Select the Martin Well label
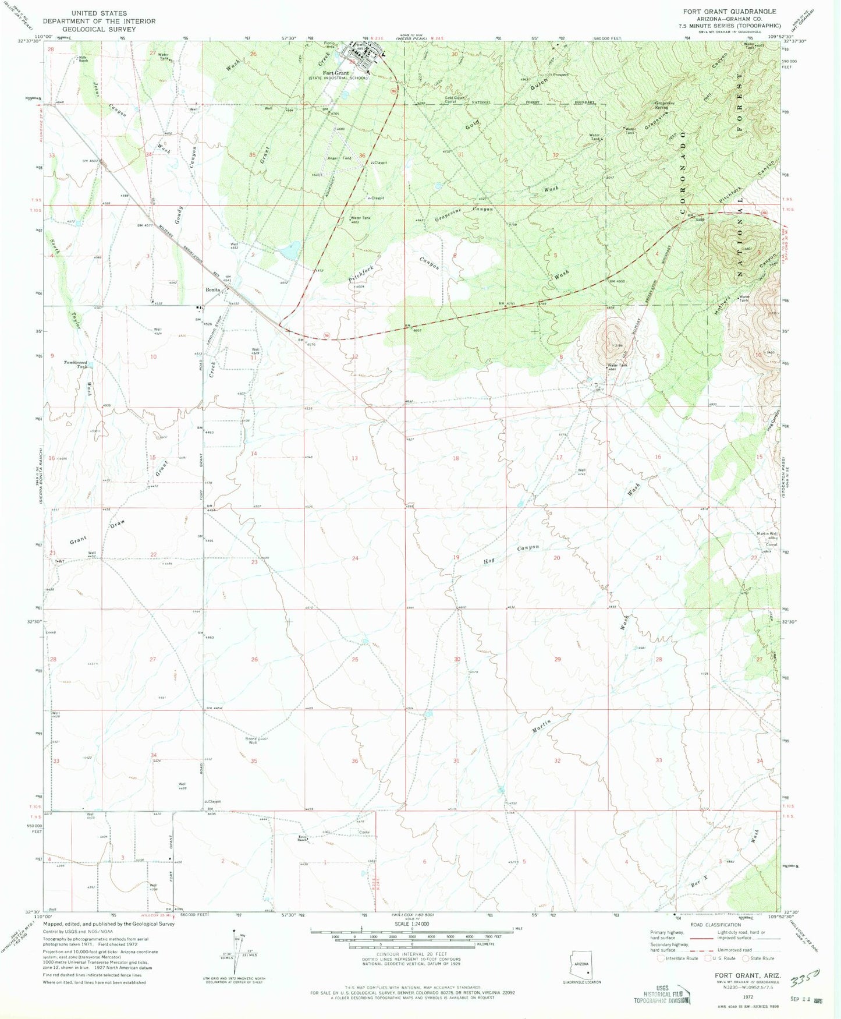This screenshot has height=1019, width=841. (x=767, y=533)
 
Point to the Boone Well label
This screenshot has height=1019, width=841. (x=251, y=741)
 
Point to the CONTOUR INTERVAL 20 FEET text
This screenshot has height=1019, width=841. (x=412, y=954)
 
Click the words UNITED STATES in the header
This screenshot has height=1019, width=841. (x=99, y=13)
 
